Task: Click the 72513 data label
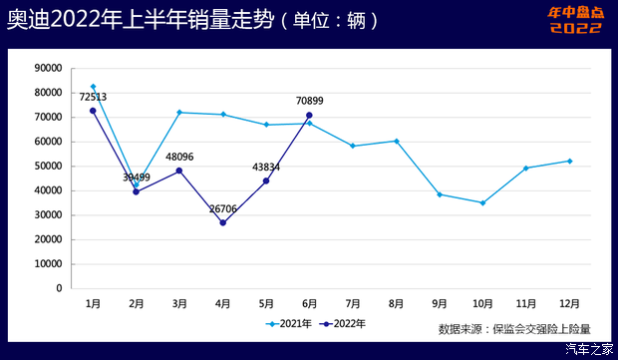tap(92, 97)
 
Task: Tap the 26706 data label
tap(223, 209)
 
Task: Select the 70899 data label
tap(310, 101)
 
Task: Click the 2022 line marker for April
tap(223, 222)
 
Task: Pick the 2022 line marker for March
tap(179, 171)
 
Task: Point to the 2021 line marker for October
tap(482, 202)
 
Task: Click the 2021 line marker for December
tap(569, 161)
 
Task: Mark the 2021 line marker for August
tap(396, 141)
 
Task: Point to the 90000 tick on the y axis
tap(48, 68)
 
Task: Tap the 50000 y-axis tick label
tap(48, 166)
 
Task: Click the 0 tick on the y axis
tap(59, 288)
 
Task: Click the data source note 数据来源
tap(514, 328)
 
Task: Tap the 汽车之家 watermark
tap(589, 349)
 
